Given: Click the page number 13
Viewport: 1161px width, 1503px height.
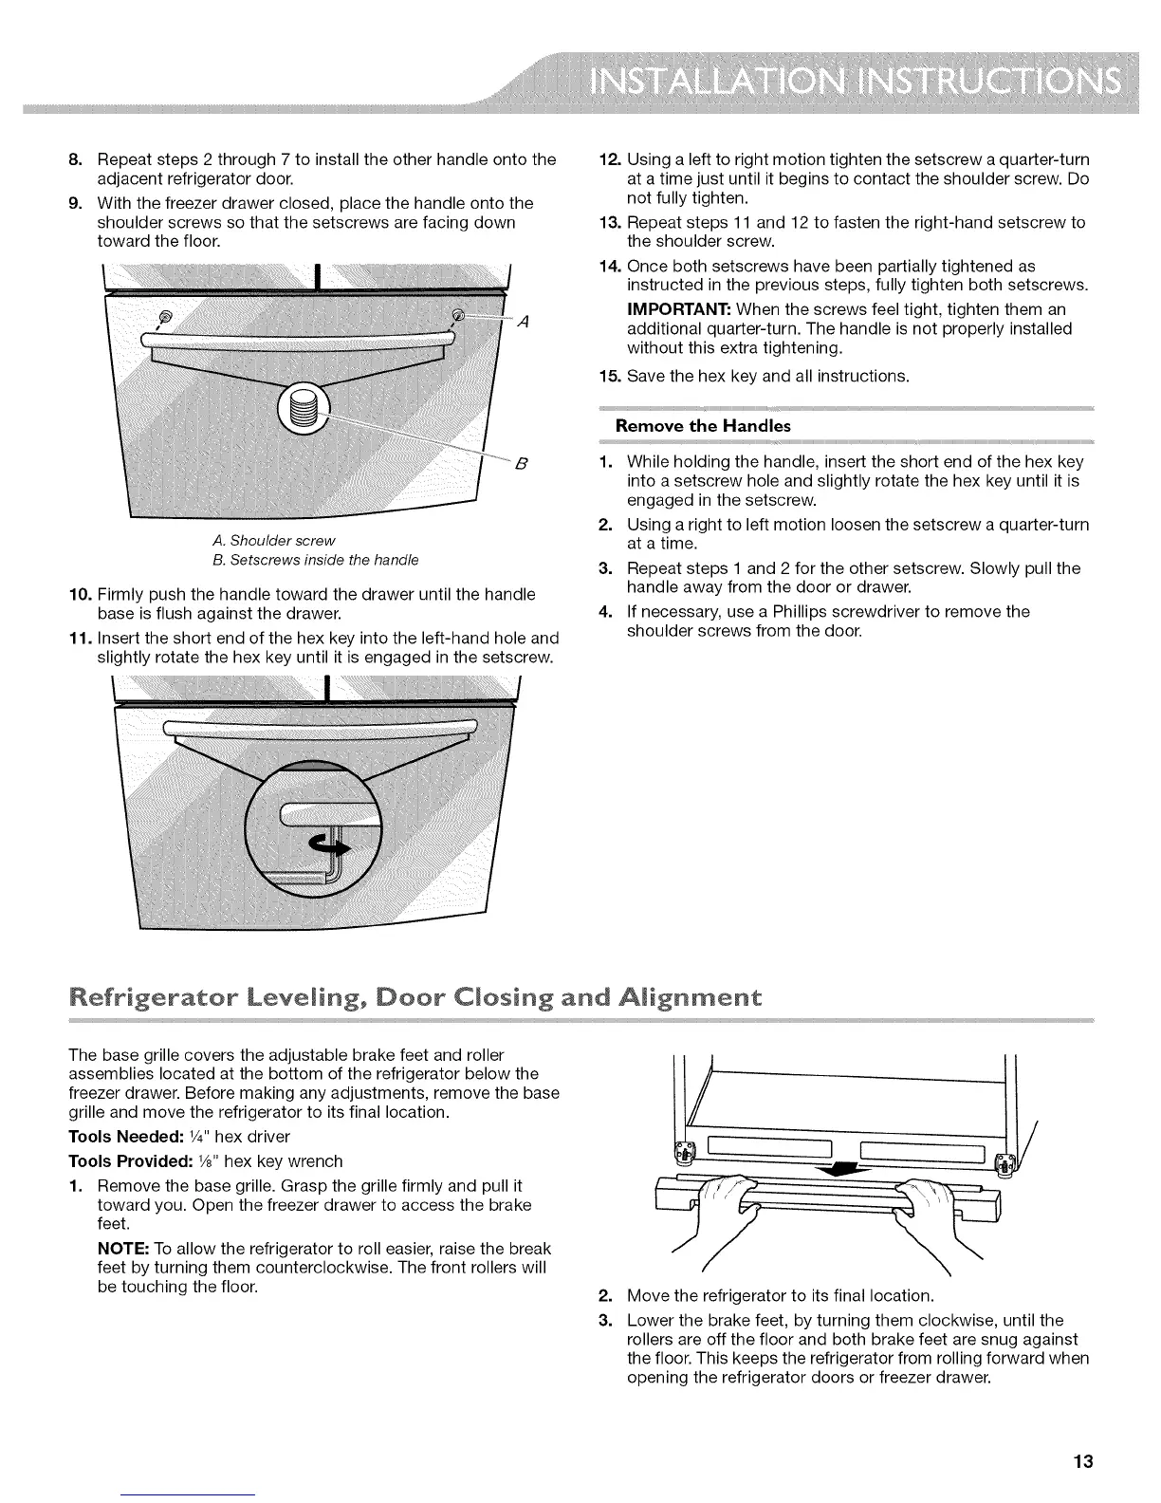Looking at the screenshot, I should [1084, 1460].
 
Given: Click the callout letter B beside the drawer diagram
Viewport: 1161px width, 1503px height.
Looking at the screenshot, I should [520, 464].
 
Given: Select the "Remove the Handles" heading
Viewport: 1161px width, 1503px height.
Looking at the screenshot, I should [703, 426].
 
